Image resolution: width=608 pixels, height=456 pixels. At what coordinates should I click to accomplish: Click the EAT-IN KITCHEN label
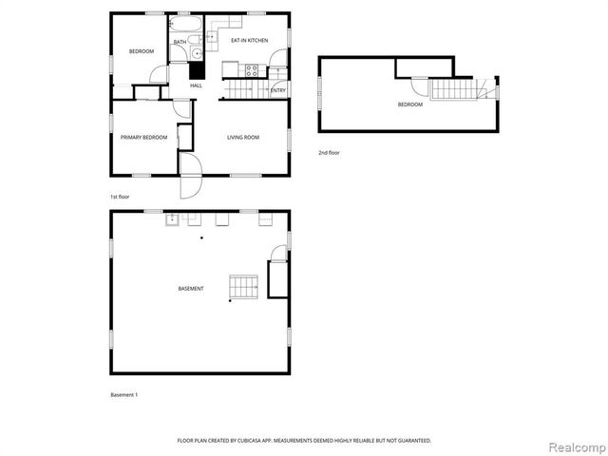(249, 40)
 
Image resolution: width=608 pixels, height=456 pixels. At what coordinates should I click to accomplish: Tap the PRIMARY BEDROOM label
(143, 137)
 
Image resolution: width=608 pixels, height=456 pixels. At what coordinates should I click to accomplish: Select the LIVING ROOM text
(243, 137)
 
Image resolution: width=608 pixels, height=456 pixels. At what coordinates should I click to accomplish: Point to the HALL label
(196, 85)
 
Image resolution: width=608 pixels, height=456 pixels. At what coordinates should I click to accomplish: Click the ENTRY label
(278, 90)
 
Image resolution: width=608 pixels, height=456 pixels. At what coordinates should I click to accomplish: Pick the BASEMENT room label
(190, 288)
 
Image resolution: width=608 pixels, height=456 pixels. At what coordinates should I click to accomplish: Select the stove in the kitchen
(253, 68)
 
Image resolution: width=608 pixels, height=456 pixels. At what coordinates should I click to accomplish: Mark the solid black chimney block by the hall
(197, 69)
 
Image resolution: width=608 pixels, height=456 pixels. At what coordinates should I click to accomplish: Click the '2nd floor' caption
(329, 152)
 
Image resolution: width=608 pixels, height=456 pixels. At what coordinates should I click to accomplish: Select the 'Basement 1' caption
(124, 393)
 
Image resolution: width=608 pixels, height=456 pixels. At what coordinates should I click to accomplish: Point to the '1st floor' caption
(120, 196)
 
